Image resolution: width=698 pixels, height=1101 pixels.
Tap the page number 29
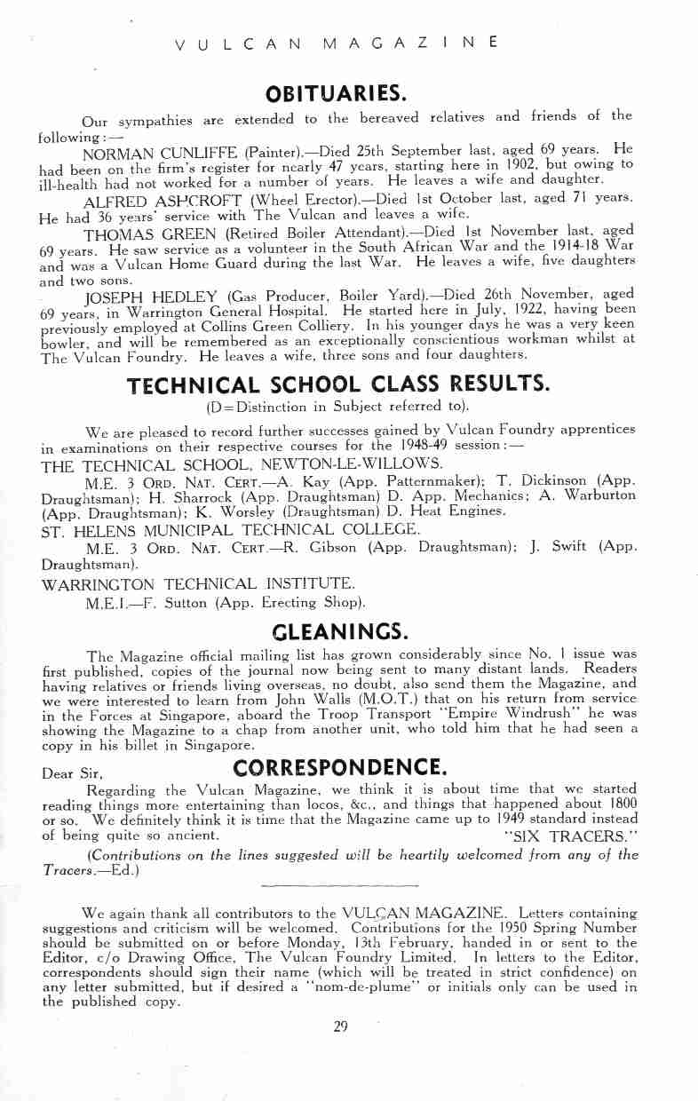click(x=340, y=1026)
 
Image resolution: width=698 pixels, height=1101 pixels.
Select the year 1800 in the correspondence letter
click(x=621, y=803)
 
